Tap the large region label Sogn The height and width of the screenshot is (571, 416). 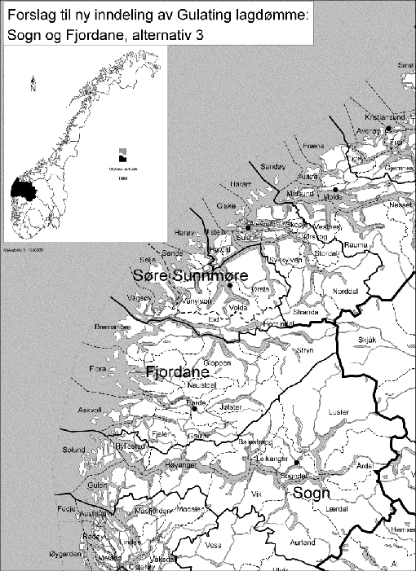(310, 494)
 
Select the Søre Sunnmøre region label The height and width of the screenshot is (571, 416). (190, 277)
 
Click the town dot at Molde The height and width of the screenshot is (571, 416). (334, 189)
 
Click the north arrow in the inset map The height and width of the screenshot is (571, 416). (31, 83)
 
